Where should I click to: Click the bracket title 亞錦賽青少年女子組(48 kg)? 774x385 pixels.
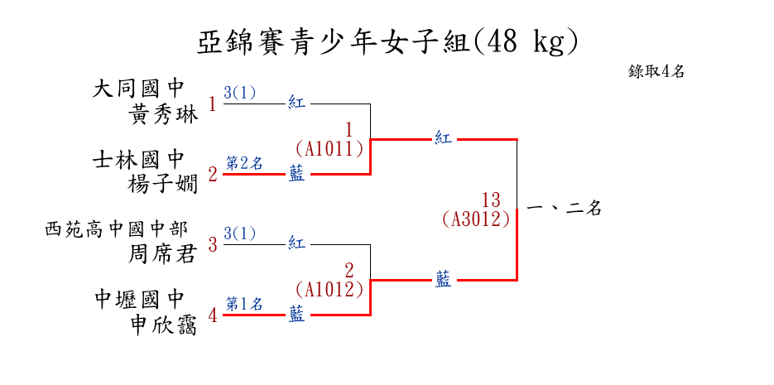click(387, 41)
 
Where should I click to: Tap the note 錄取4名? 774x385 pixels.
click(656, 71)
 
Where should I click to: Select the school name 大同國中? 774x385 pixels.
click(137, 88)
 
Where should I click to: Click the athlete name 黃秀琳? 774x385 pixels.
click(164, 115)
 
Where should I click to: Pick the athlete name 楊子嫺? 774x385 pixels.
click(164, 184)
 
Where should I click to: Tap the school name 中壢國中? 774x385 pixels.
click(137, 298)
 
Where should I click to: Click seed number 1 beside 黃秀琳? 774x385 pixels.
click(213, 104)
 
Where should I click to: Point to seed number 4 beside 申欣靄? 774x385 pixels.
click(213, 315)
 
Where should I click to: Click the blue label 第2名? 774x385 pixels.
click(244, 163)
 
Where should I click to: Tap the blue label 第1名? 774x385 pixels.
click(244, 304)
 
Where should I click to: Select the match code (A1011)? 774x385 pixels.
click(329, 149)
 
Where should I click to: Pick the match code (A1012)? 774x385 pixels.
click(329, 290)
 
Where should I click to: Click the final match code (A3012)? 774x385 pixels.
click(476, 219)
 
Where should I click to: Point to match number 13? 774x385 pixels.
click(491, 200)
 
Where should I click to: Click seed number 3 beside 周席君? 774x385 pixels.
click(213, 245)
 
